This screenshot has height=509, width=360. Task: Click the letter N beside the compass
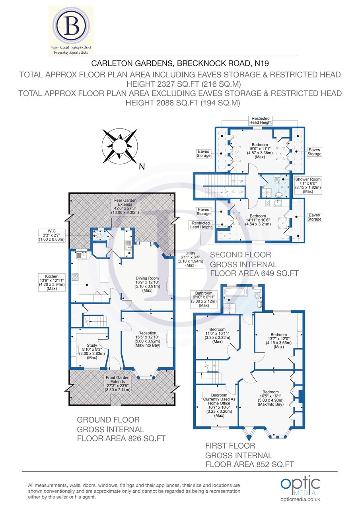[141, 167]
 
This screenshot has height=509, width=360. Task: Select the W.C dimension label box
[51, 235]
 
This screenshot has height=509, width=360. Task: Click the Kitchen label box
[52, 282]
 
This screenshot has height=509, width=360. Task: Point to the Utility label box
[191, 259]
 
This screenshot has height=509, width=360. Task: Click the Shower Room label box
[308, 185]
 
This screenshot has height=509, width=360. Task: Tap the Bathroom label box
[204, 299]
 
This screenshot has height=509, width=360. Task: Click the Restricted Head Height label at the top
[261, 120]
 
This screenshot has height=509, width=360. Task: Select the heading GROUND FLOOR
[108, 420]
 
